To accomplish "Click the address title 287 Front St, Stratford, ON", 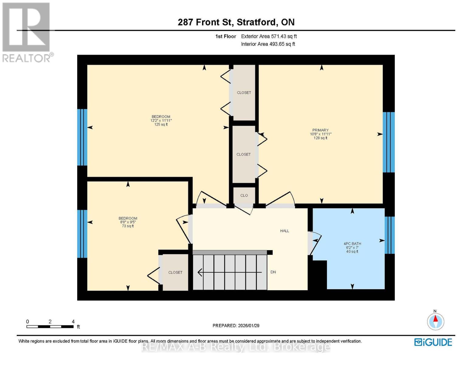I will click(x=236, y=22).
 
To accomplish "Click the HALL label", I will click(x=284, y=231).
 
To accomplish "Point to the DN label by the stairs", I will click(x=273, y=272).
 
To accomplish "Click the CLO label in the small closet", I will click(x=244, y=195).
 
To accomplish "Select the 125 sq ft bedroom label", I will click(x=161, y=120).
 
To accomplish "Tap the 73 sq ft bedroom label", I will click(x=128, y=222).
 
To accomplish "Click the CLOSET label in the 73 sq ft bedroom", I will click(x=175, y=273).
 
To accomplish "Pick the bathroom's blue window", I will click(x=389, y=235).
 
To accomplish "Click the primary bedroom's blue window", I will click(x=388, y=142).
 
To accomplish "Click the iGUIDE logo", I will click(x=433, y=342).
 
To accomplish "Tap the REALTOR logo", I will click(x=27, y=32).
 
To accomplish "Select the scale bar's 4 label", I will click(x=73, y=322).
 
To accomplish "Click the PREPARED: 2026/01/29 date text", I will click(x=236, y=325).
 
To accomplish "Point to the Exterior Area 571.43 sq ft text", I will click(x=269, y=36).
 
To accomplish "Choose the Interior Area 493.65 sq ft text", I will click(x=268, y=44).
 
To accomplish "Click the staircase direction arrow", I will click(x=229, y=272).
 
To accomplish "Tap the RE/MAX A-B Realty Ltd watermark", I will click(x=236, y=347).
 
